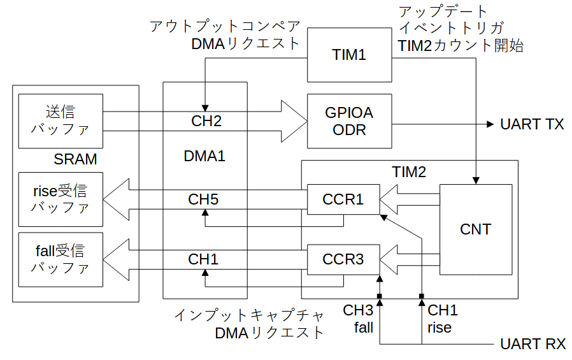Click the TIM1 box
[x=349, y=55]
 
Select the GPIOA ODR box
[x=349, y=120]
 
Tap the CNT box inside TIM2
[x=476, y=229]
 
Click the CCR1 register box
[x=343, y=199]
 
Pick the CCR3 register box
[x=343, y=259]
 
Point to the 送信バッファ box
[x=61, y=120]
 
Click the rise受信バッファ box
[x=61, y=199]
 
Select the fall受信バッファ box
[x=61, y=259]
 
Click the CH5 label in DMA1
[x=203, y=199]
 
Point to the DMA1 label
[x=204, y=155]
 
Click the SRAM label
[x=76, y=159]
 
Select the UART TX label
[x=532, y=124]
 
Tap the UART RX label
[x=533, y=345]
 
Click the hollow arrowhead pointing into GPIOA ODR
[x=293, y=120]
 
